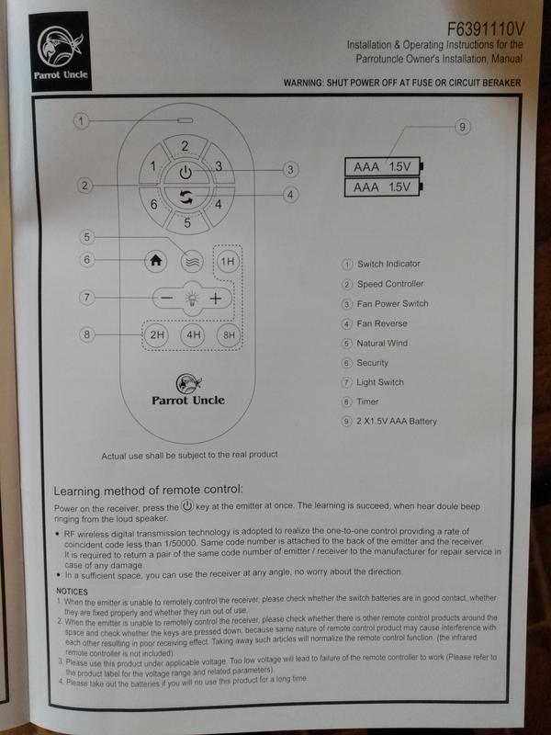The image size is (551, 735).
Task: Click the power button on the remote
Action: coord(186,173)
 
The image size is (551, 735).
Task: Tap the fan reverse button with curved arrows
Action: coord(186,197)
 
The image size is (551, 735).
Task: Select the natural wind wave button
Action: coord(192,261)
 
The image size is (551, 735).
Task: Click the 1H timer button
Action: coord(228,261)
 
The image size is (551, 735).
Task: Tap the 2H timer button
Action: coord(157,334)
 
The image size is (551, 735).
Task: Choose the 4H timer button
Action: coord(193,334)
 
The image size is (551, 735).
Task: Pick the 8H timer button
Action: coord(229,334)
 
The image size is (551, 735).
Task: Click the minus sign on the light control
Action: coord(167,298)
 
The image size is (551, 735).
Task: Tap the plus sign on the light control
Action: coord(215,298)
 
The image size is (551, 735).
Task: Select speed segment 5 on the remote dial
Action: coord(187,222)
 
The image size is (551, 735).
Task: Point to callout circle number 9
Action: coord(462,127)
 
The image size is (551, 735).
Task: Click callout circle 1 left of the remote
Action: coord(81,121)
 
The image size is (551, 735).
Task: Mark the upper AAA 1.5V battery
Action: coord(384,166)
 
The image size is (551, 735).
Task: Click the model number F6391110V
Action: coord(486,29)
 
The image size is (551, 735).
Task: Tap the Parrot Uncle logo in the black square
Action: coord(60,51)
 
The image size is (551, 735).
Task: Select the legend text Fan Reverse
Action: coord(382,323)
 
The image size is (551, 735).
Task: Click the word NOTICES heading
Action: coord(72,592)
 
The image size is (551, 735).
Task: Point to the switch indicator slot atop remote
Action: coord(185,120)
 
